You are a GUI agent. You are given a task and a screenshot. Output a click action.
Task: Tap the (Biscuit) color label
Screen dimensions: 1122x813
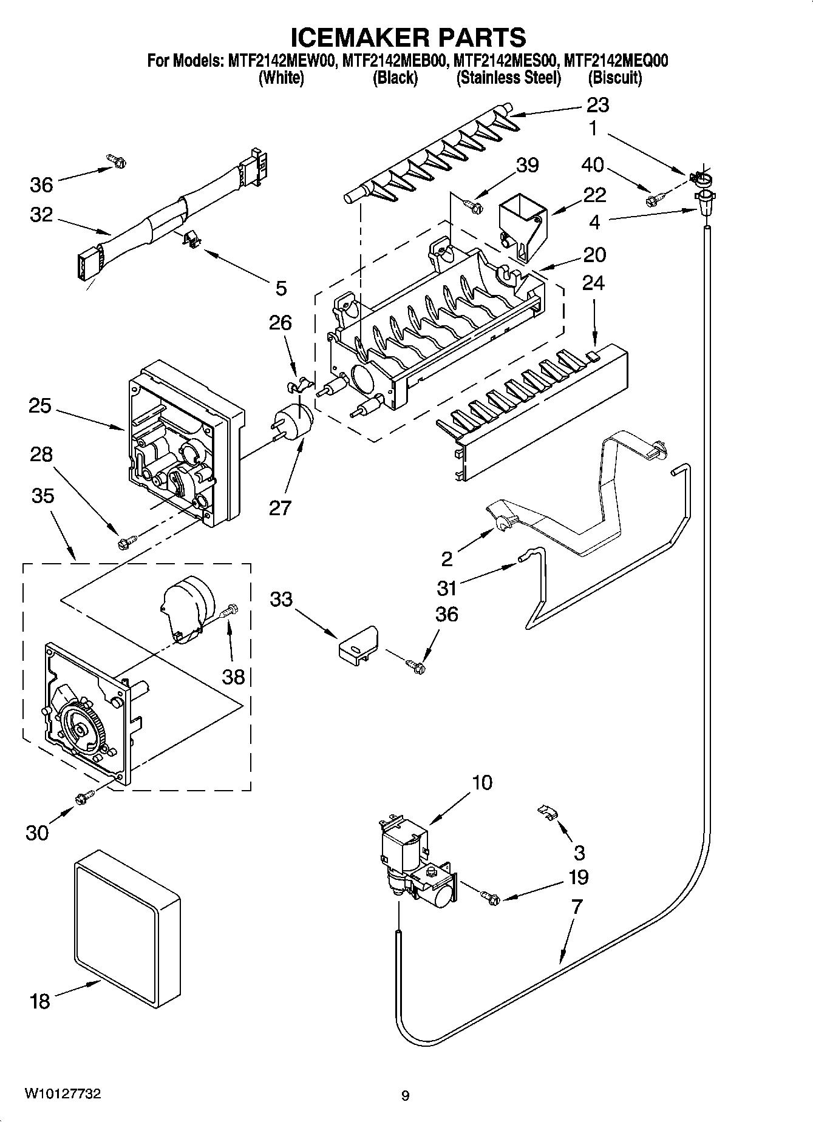[614, 78]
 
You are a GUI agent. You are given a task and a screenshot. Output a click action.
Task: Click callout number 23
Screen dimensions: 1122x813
[597, 106]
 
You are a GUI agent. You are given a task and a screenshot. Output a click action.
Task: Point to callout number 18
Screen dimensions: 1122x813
[39, 1001]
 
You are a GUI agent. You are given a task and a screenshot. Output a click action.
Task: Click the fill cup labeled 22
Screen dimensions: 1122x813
[521, 229]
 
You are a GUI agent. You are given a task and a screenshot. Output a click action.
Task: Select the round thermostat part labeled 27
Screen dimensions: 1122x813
[297, 421]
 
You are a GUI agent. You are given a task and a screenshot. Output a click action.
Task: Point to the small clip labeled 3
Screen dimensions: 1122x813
[548, 813]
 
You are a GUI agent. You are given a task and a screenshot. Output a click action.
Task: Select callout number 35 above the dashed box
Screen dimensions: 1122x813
[43, 496]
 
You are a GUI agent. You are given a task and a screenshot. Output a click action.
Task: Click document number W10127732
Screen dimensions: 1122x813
[63, 1093]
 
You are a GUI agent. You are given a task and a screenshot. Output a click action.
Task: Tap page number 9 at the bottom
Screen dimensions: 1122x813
[406, 1096]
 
